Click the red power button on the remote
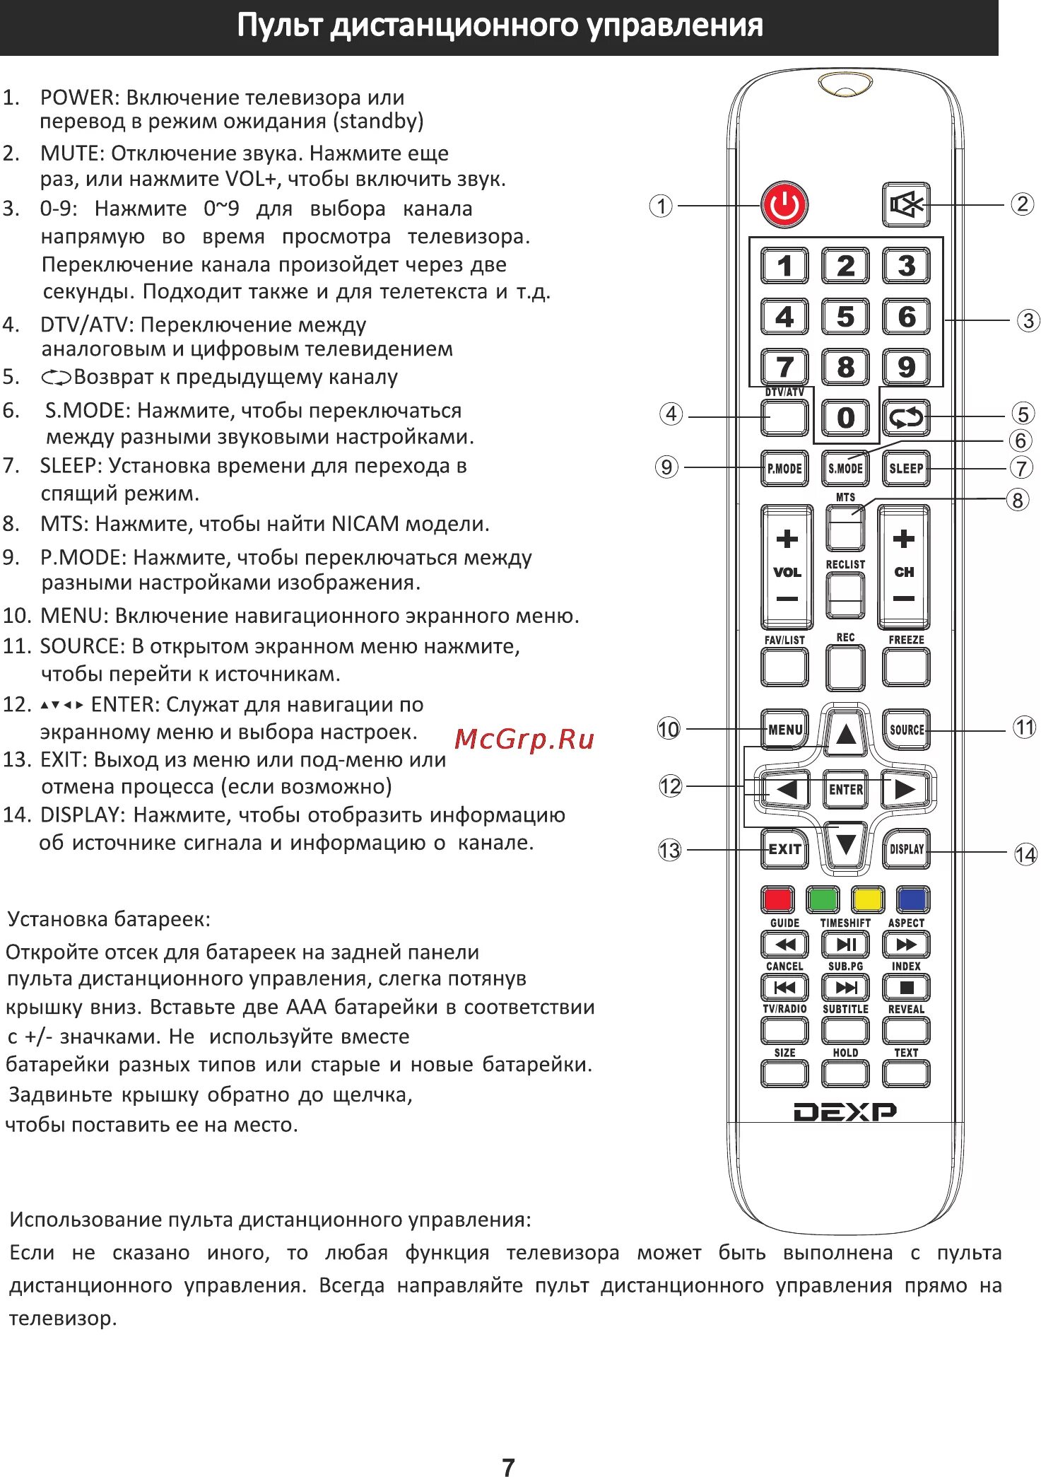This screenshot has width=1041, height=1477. pyautogui.click(x=784, y=206)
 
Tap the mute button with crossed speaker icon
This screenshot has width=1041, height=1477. pyautogui.click(x=906, y=205)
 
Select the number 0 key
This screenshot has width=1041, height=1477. pyautogui.click(x=845, y=418)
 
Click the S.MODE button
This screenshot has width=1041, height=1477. pyautogui.click(x=845, y=468)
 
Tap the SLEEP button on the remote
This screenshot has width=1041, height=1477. pyautogui.click(x=906, y=468)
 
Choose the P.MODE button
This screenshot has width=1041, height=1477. pyautogui.click(x=784, y=468)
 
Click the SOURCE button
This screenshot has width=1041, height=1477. pyautogui.click(x=906, y=730)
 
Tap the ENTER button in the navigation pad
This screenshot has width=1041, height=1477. pyautogui.click(x=845, y=789)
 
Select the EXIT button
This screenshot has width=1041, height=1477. pyautogui.click(x=784, y=849)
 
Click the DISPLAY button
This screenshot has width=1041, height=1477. pyautogui.click(x=906, y=849)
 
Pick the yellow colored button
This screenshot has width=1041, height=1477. pyautogui.click(x=868, y=899)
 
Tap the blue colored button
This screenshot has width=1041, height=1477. pyautogui.click(x=912, y=899)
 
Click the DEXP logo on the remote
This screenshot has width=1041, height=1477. pyautogui.click(x=845, y=1112)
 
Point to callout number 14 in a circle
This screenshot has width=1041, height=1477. pyautogui.click(x=1025, y=855)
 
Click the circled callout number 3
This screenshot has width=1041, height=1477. pyautogui.click(x=1028, y=321)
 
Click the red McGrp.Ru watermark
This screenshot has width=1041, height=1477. pyautogui.click(x=524, y=740)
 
